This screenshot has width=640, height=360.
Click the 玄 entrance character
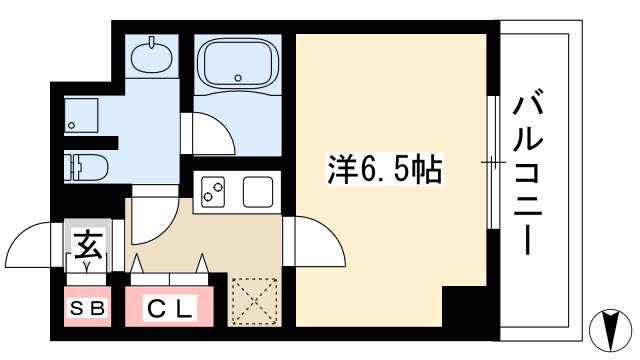(x=85, y=245)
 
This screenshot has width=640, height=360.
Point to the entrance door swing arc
(x=30, y=246)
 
